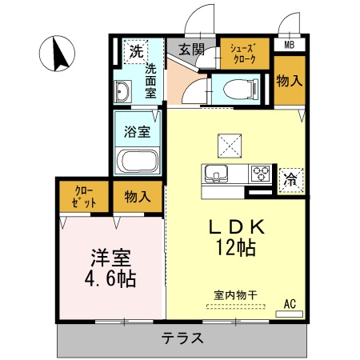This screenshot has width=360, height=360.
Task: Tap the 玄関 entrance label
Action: pyautogui.click(x=191, y=49)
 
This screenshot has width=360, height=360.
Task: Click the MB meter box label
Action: pyautogui.click(x=289, y=45)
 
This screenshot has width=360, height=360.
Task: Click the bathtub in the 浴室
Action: pyautogui.click(x=139, y=160)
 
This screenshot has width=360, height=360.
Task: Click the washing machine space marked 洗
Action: pyautogui.click(x=136, y=51)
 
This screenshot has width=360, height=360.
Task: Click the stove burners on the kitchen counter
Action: pyautogui.click(x=262, y=172)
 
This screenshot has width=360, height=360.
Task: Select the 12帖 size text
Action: pyautogui.click(x=234, y=247)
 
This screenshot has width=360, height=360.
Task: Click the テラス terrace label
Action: pyautogui.click(x=182, y=338)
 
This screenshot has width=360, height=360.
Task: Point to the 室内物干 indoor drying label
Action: pyautogui.click(x=235, y=295)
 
